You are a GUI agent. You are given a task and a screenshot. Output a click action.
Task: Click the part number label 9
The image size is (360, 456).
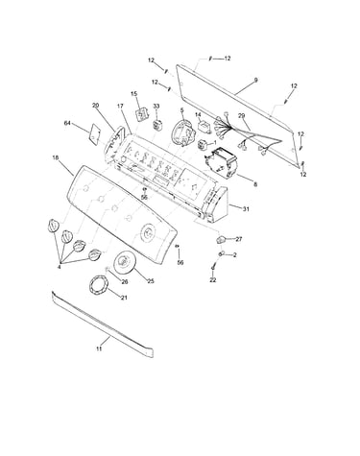point(255,81)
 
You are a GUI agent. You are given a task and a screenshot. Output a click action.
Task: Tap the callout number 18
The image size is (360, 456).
point(56,157)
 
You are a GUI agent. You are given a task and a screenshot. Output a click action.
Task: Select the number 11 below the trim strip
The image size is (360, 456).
point(99,348)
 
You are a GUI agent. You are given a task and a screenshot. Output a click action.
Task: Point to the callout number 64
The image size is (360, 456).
point(67,123)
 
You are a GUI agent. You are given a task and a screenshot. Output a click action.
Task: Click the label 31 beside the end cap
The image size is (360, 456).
point(246,209)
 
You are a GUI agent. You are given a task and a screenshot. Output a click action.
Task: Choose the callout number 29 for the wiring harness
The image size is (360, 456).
point(242,116)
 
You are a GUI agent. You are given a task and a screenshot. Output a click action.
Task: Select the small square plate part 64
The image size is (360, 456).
point(95,132)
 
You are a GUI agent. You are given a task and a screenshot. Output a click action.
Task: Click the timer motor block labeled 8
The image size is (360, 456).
point(222,162)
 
